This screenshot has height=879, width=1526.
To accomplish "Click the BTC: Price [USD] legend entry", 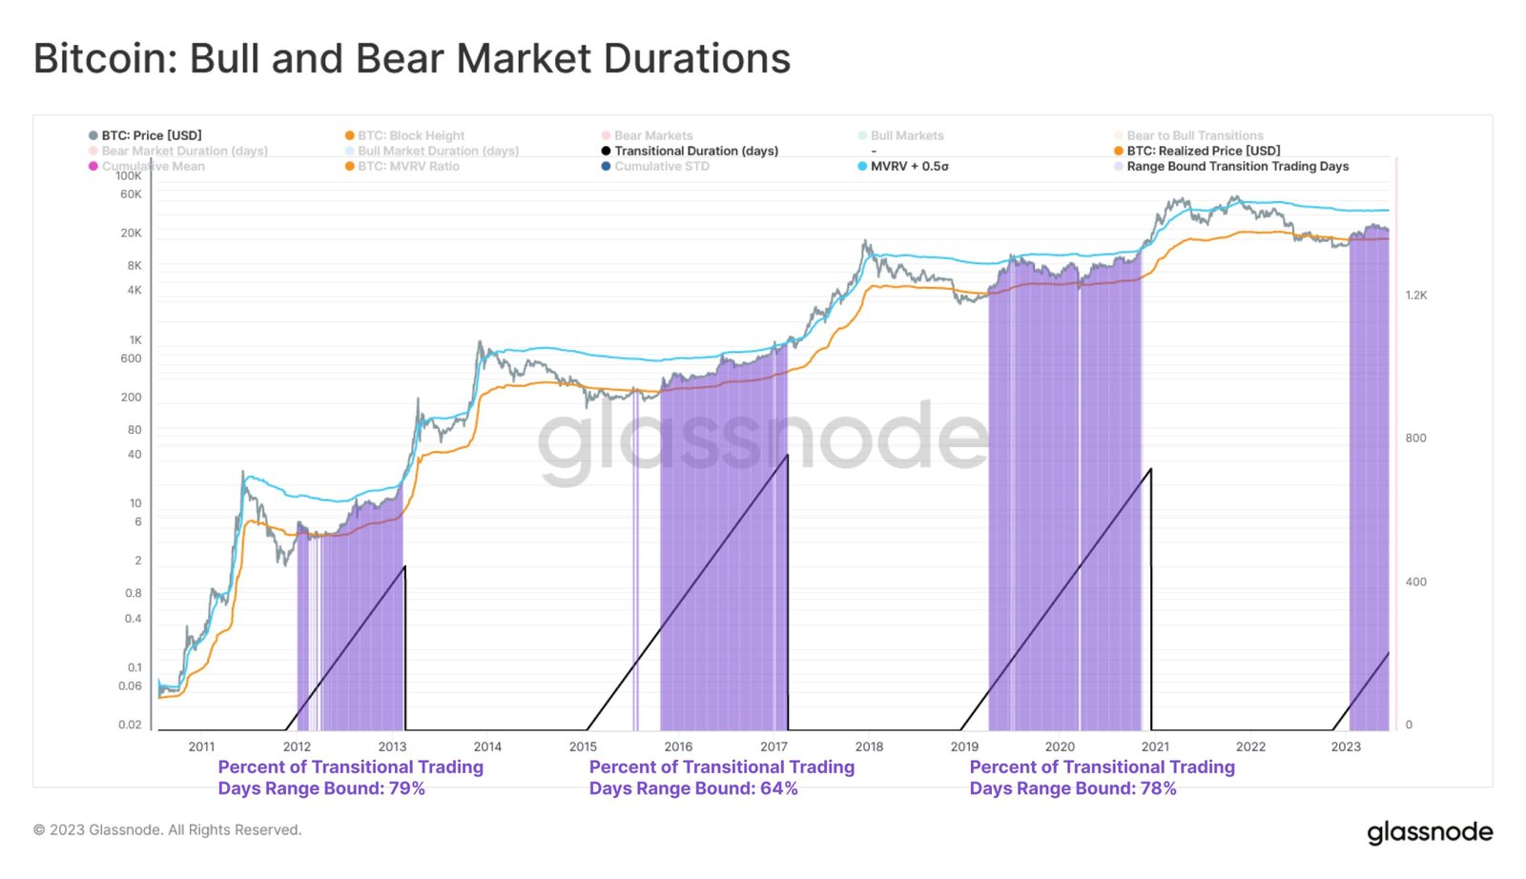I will pyautogui.click(x=151, y=135).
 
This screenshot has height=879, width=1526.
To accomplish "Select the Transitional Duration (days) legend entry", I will pyautogui.click(x=695, y=151).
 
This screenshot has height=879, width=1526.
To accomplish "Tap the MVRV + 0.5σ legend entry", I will pyautogui.click(x=908, y=166).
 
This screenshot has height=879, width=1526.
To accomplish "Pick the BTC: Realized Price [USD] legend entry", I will pyautogui.click(x=1203, y=151).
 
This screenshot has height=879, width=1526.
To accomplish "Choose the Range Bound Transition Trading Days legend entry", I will pyautogui.click(x=1237, y=166).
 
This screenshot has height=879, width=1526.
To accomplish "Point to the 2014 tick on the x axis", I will pyautogui.click(x=487, y=746).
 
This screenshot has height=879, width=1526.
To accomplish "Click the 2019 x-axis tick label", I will pyautogui.click(x=964, y=746).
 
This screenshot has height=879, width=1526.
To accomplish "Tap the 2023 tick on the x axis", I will pyautogui.click(x=1346, y=746).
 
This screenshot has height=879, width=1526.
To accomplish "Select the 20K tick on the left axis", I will pyautogui.click(x=131, y=233).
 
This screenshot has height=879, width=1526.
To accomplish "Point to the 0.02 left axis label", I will pyautogui.click(x=130, y=725).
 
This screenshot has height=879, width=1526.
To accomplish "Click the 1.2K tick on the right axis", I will pyautogui.click(x=1416, y=296).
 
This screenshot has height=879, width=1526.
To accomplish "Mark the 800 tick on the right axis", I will pyautogui.click(x=1415, y=439).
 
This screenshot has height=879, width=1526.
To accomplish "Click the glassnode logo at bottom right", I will pyautogui.click(x=1430, y=832).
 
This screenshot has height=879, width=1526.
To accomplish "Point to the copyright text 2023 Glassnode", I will pyautogui.click(x=167, y=829).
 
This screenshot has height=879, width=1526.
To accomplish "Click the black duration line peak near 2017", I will pyautogui.click(x=788, y=456).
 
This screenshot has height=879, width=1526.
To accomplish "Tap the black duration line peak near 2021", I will pyautogui.click(x=1151, y=469).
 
